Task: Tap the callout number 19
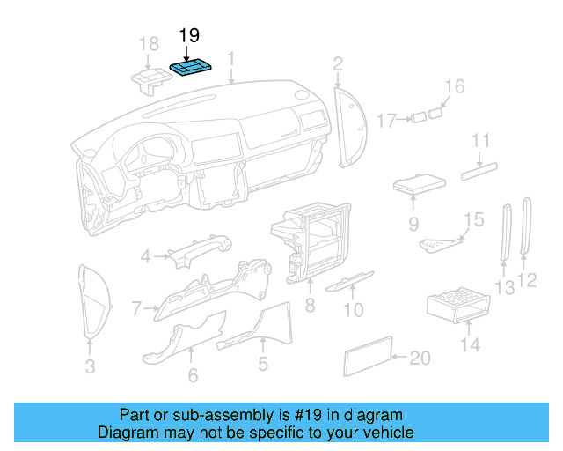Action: [x=189, y=36]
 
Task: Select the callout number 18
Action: [x=149, y=44]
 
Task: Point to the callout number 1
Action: [x=230, y=59]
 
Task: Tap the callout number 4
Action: [x=145, y=256]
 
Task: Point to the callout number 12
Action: [x=528, y=281]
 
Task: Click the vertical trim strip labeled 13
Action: [x=506, y=233]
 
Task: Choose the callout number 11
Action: [x=479, y=140]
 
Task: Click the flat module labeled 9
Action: [x=416, y=186]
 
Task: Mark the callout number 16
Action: [x=453, y=85]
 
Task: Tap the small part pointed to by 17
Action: [x=419, y=118]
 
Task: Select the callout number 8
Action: [x=309, y=306]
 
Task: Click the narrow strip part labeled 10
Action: [x=350, y=281]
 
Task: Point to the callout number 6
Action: [x=193, y=375]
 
